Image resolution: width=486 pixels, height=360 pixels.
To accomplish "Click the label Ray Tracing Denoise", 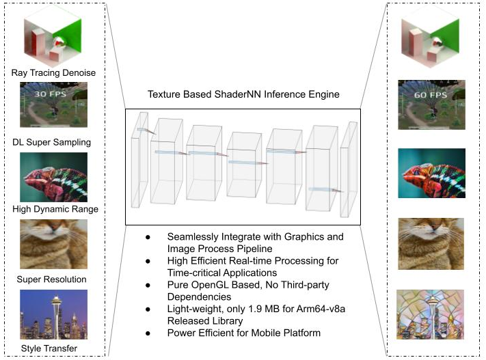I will coord(53,72).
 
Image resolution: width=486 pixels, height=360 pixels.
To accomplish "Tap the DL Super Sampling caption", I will coord(52,142).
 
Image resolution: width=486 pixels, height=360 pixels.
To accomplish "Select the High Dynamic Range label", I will coord(55,208).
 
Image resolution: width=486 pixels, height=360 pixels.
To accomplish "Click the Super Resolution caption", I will coord(52,279).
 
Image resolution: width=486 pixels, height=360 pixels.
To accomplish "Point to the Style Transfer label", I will coord(49,348).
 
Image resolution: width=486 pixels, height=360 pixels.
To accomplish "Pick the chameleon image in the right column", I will coord(431,172).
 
